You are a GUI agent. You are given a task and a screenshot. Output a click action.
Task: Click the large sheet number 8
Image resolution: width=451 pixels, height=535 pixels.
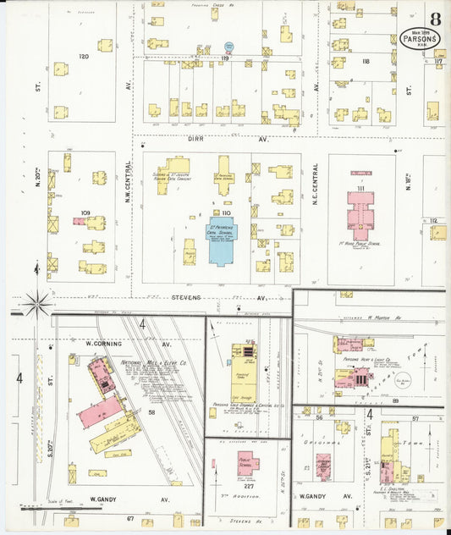[434, 19]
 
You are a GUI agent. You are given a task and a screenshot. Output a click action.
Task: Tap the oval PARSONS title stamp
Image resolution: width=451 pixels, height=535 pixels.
[421, 39]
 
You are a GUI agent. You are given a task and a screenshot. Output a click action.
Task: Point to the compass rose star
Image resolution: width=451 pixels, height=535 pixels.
[36, 301]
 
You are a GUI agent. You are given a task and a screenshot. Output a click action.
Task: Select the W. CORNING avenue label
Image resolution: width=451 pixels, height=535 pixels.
[104, 345]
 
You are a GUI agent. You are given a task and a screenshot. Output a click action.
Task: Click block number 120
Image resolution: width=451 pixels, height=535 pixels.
[84, 56]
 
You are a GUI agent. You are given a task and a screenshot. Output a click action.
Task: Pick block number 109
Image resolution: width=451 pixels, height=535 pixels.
[85, 212]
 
